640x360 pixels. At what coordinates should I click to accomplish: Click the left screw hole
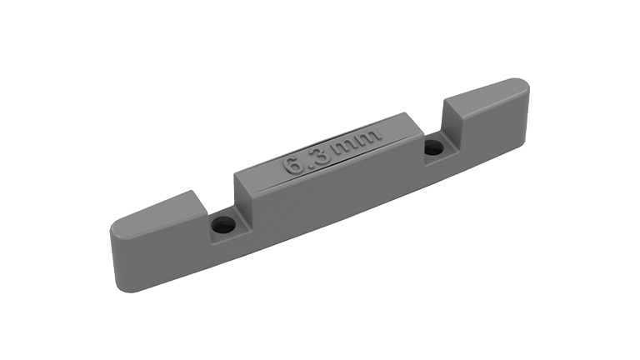(222, 225)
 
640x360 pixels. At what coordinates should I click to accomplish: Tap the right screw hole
(435, 147)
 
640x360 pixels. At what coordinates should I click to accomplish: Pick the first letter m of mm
(346, 147)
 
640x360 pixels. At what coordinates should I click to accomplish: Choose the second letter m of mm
(368, 137)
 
